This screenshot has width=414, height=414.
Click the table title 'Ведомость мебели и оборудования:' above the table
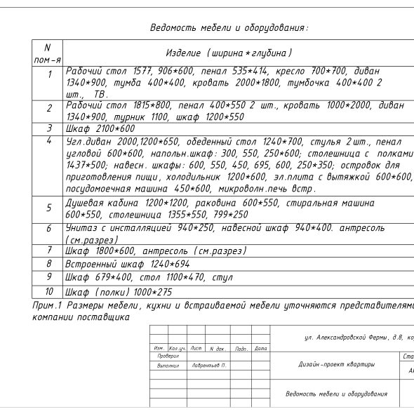tap(229, 29)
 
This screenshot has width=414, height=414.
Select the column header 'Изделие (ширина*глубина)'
tap(229, 53)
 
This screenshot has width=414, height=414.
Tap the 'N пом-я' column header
tap(48, 53)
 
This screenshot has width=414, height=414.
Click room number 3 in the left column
tap(49, 128)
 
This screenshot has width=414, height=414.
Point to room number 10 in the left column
tap(49, 291)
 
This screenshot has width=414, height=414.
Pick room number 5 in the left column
tap(49, 208)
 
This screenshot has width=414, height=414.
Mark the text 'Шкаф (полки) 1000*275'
tap(118, 291)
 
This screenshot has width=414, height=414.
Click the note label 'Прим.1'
tap(48, 306)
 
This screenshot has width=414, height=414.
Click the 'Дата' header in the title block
tap(260, 348)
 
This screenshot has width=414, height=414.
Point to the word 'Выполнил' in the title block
tap(168, 366)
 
